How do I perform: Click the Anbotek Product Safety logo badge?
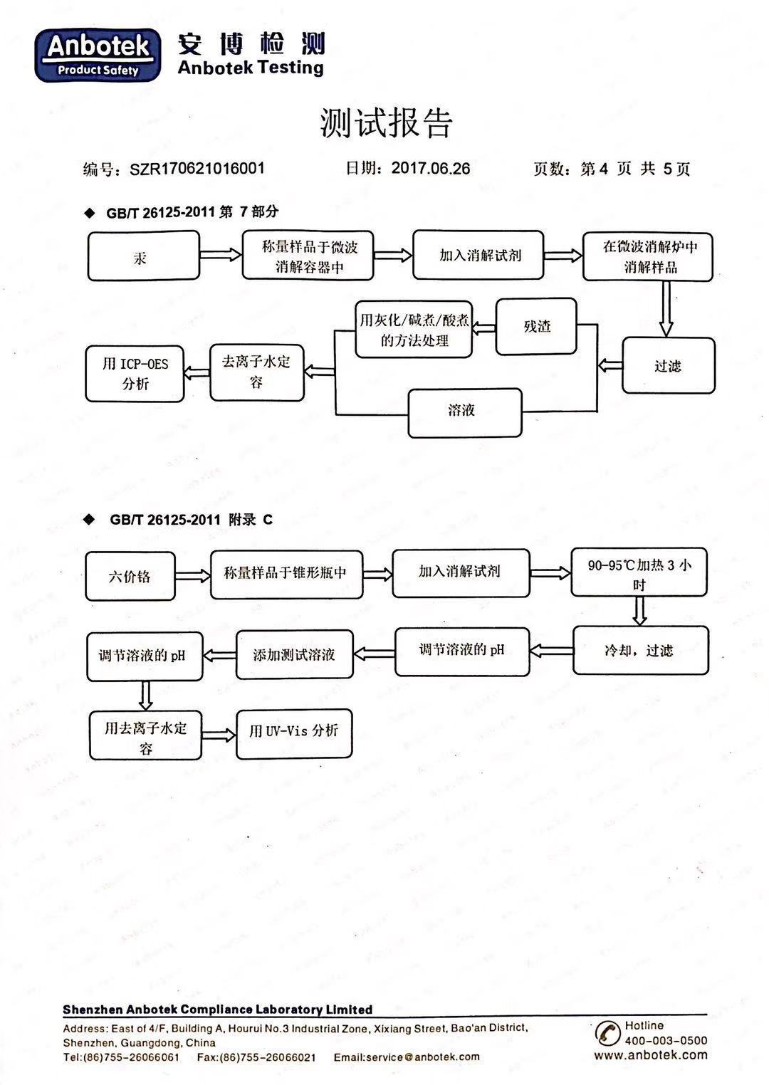pos(98,55)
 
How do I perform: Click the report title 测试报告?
pos(386,122)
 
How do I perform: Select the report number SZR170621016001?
pos(197,169)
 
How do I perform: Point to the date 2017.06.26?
pos(431,168)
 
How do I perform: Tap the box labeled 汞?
pos(143,256)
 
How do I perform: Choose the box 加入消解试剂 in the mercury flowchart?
pos(478,255)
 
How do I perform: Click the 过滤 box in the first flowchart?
pos(668,365)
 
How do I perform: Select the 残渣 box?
pos(536,327)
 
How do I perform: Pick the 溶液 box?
pos(465,413)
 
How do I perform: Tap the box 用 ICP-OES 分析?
pos(135,374)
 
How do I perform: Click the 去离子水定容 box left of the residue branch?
pos(257,372)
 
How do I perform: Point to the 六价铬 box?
pos(130,576)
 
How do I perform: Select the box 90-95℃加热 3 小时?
pos(639,572)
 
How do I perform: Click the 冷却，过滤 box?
pos(641,650)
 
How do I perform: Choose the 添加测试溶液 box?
pos(295,654)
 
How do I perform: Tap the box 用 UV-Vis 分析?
pos(294,734)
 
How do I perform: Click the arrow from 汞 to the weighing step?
pos(221,255)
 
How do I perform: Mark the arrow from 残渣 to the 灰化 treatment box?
pos(483,328)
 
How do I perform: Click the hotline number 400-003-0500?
pos(666,1040)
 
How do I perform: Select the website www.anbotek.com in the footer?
pos(651,1056)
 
